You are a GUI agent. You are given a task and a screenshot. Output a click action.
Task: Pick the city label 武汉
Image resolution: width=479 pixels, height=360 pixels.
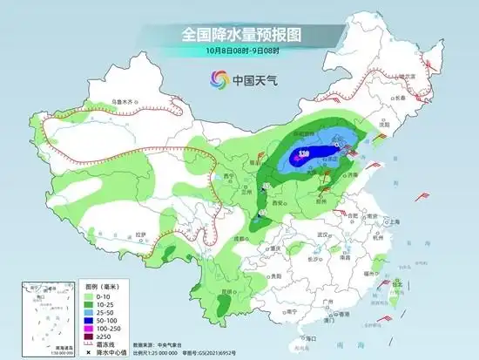pyautogui.click(x=327, y=235)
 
